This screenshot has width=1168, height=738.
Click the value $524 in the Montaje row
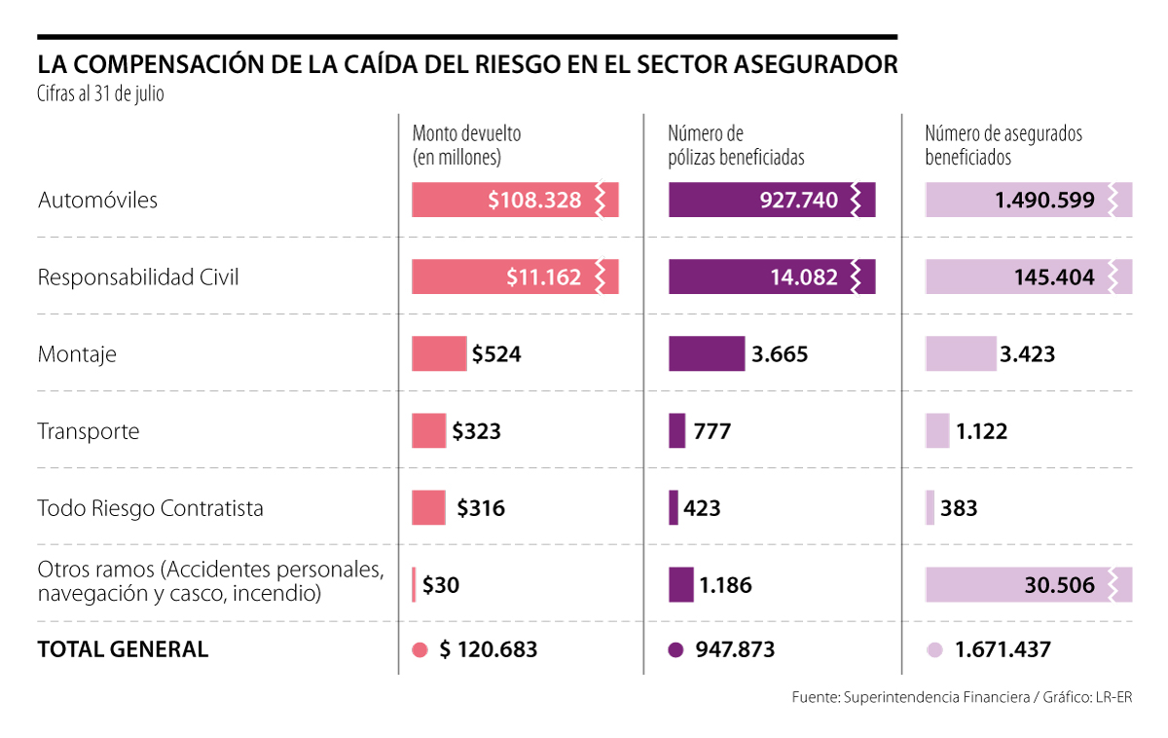pos(496,353)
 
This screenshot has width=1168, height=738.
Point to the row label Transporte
pos(89,431)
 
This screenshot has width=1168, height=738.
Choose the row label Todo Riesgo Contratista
pos(150,508)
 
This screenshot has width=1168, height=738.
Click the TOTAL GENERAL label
pos(123,649)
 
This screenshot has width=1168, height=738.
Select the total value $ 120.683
pos(489,649)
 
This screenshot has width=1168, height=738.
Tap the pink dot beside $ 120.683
pos(420,650)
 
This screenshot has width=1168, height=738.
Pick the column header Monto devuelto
pos(467,134)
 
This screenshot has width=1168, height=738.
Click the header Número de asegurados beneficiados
pos(1004,145)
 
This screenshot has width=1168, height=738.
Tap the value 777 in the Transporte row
pos(712,431)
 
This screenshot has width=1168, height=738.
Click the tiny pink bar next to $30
pos(414,585)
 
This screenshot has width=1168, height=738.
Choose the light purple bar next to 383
pos(931,508)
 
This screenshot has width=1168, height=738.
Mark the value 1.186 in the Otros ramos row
pos(725,585)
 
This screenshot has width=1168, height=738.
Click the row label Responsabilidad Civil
pos(138,277)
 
